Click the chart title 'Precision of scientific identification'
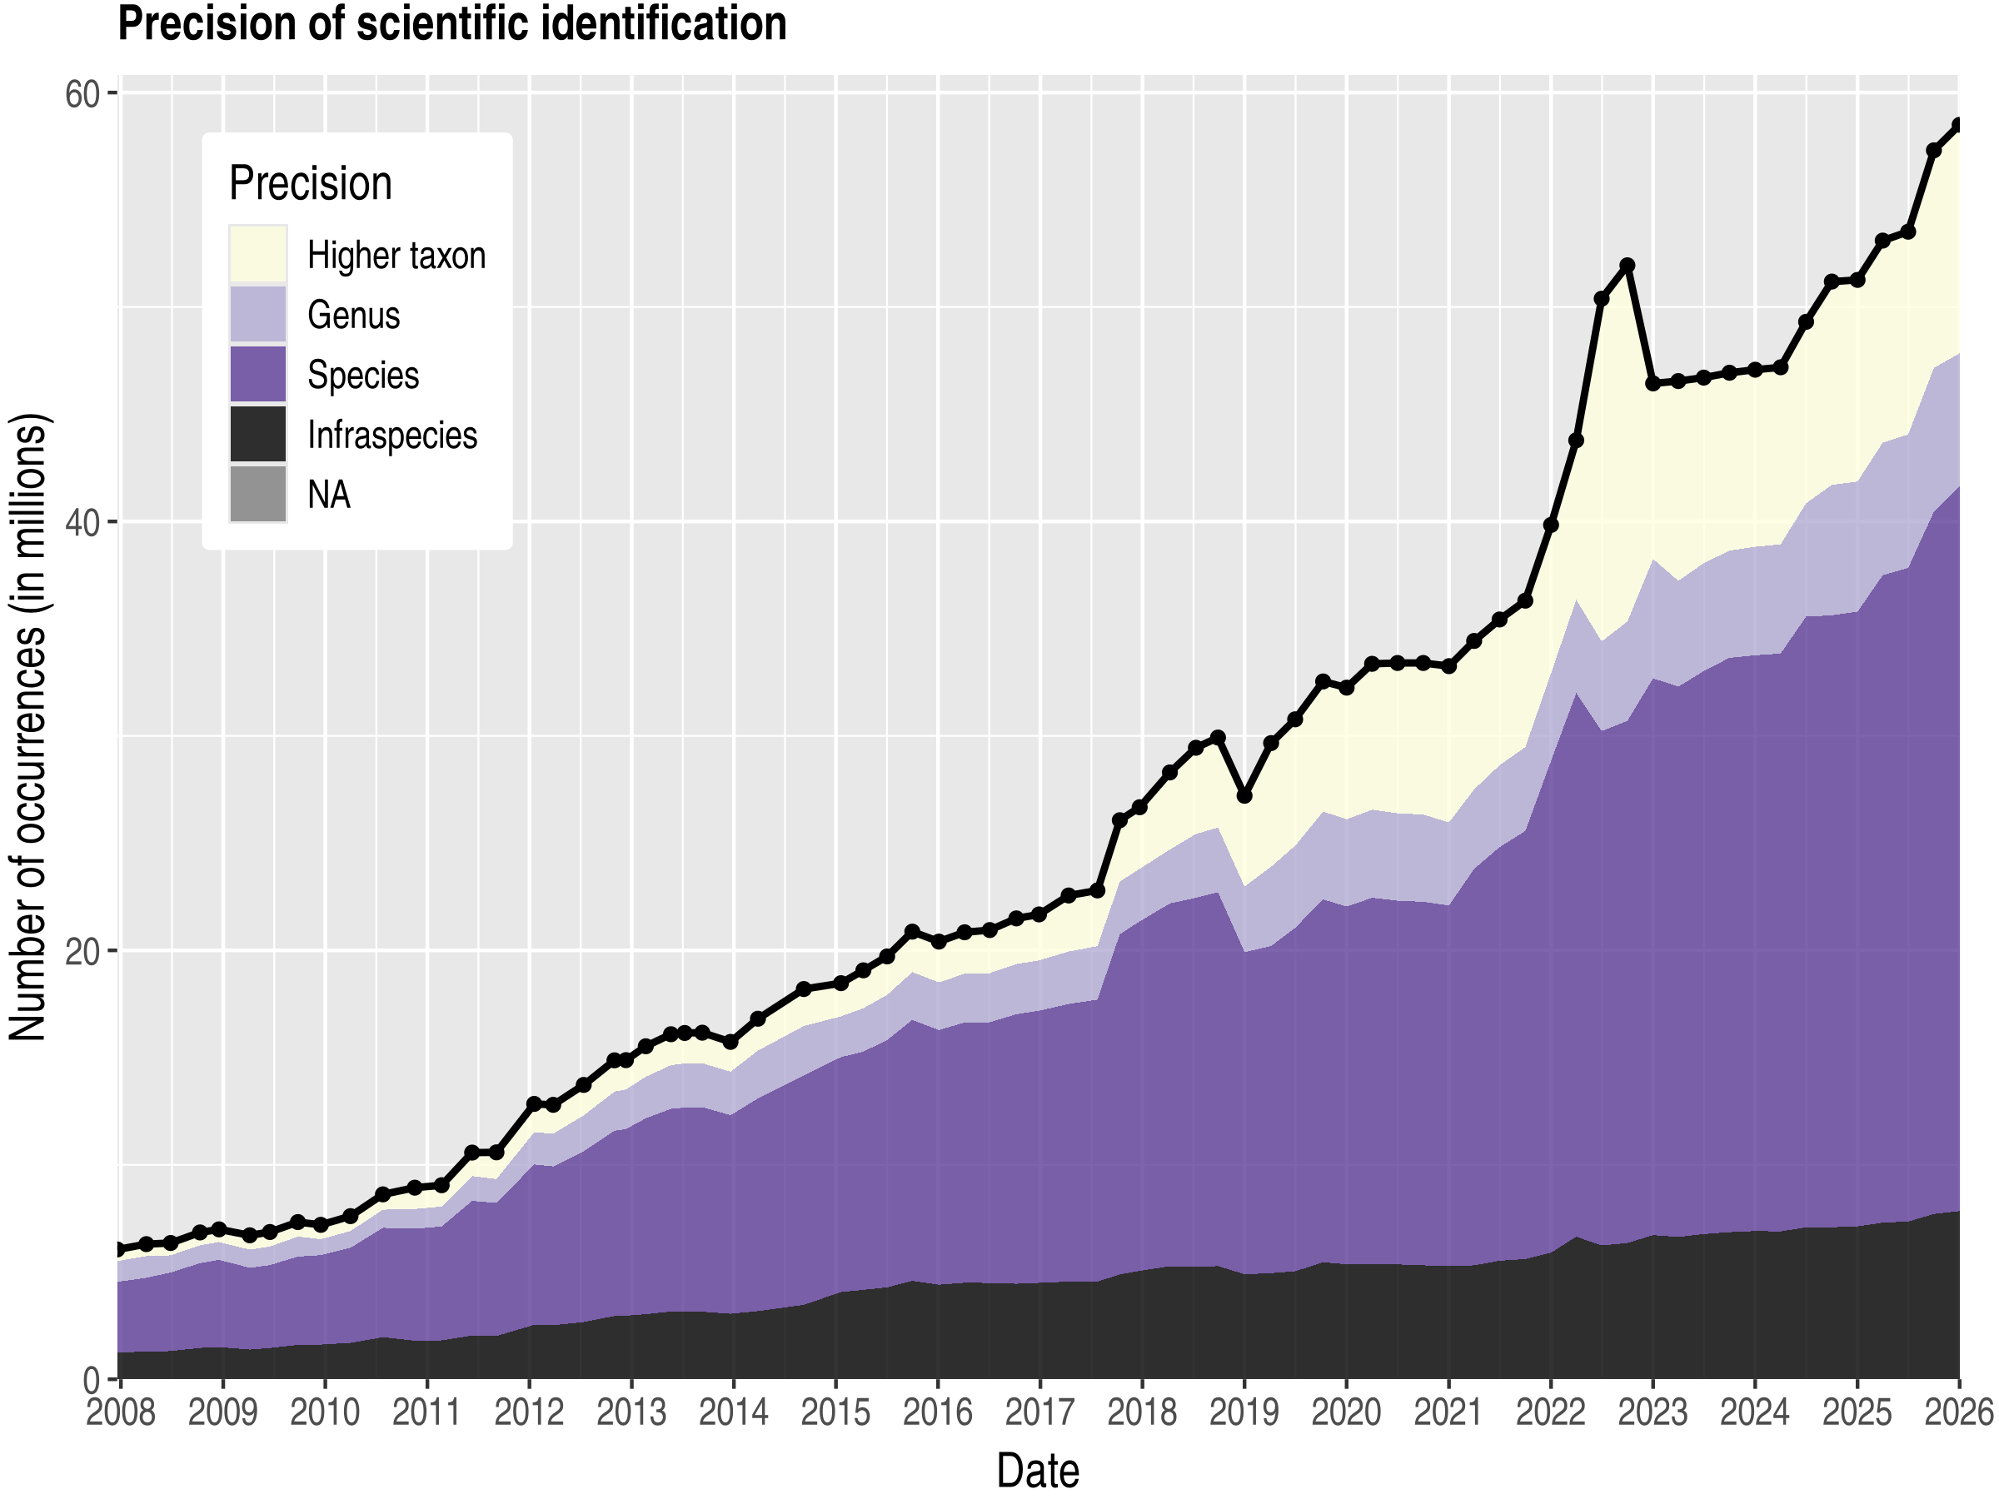(451, 23)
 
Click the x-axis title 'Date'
(1038, 1470)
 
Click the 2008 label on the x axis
(120, 1412)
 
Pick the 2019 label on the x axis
(1244, 1412)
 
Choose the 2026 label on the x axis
(1958, 1412)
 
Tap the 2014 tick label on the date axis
(733, 1412)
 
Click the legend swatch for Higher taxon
(257, 254)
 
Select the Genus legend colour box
(257, 315)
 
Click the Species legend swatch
(257, 374)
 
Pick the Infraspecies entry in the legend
(391, 436)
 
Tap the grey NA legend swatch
(257, 494)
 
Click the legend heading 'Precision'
(310, 183)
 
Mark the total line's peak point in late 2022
(1627, 265)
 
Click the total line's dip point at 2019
(1244, 796)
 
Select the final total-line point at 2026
(1957, 125)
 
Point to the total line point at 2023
(1653, 383)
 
